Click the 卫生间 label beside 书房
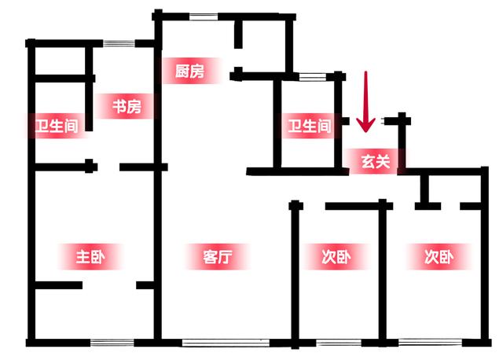[57, 127]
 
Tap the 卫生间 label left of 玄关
[310, 126]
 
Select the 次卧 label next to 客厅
[336, 256]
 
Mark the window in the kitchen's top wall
[204, 17]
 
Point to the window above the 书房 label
[119, 42]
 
